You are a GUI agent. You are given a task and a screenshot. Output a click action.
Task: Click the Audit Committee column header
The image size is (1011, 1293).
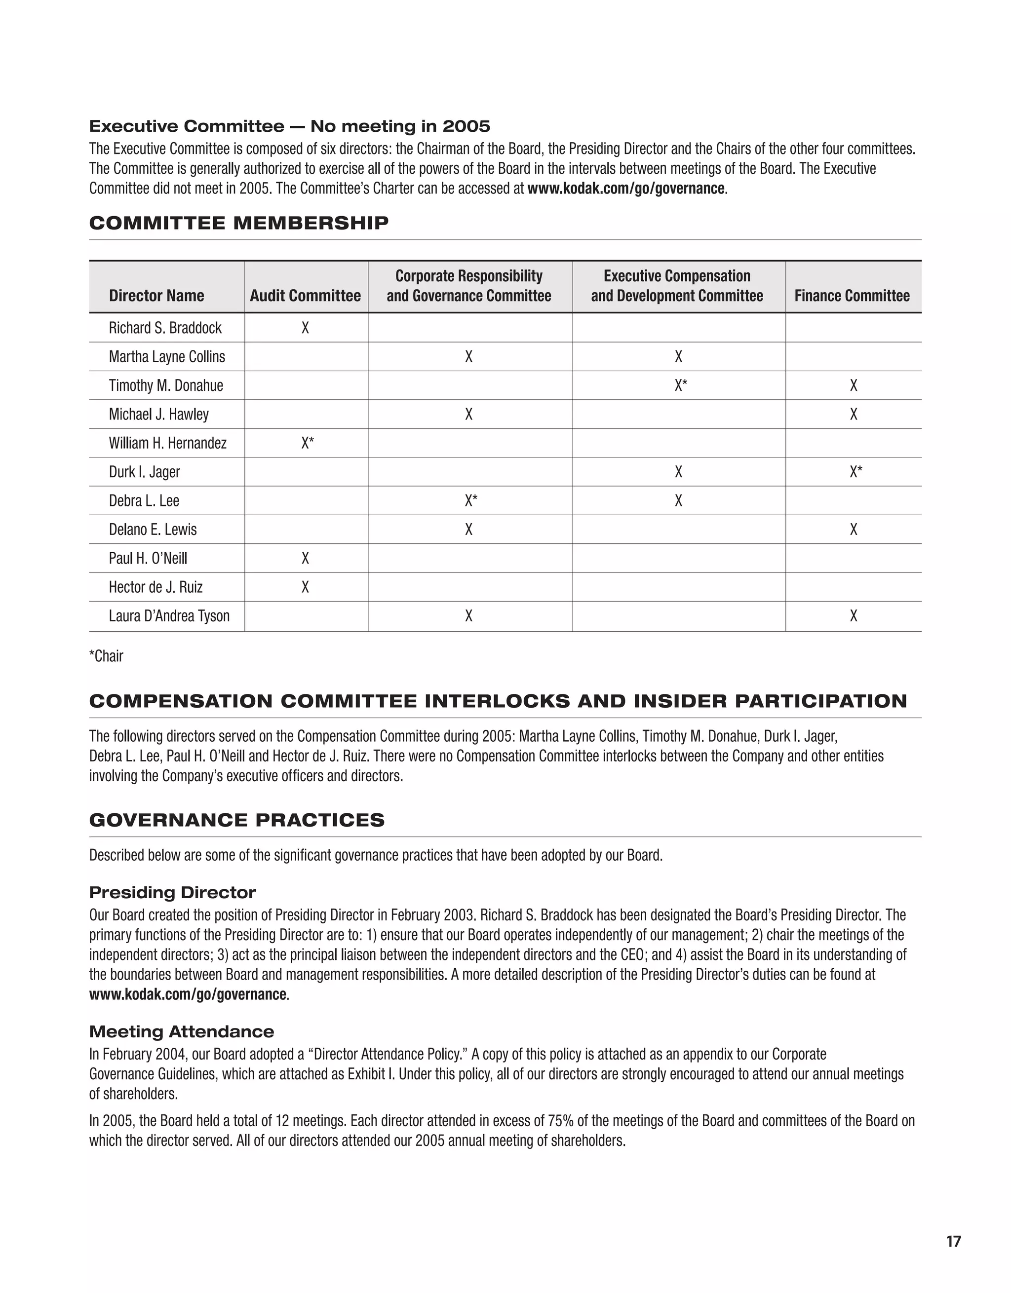coord(305,296)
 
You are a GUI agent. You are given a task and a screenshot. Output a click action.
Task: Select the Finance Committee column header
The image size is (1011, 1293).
coord(852,296)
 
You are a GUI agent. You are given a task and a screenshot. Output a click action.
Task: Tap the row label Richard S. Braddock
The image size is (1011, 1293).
coord(165,328)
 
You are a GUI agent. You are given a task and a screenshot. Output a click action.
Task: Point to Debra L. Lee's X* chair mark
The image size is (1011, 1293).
coord(471,501)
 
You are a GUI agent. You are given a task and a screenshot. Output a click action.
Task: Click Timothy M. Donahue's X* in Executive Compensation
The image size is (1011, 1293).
coord(681,385)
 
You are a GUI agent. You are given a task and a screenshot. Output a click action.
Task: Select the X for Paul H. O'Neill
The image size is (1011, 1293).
coord(305,558)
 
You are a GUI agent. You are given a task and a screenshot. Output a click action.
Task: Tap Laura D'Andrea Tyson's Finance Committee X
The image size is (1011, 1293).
coord(854,616)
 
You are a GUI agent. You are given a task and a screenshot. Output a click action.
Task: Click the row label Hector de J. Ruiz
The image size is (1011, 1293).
coord(156,587)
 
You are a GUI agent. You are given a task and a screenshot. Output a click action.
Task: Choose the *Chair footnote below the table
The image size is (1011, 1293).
coord(107,656)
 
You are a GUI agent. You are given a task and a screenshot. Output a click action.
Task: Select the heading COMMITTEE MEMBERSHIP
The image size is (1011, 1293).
coord(239,223)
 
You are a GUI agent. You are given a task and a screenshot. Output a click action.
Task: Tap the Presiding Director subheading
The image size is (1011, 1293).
coord(172,892)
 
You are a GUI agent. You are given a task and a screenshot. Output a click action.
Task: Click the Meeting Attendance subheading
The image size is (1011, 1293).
coord(181,1031)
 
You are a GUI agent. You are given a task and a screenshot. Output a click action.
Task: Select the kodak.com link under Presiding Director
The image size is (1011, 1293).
coord(188,994)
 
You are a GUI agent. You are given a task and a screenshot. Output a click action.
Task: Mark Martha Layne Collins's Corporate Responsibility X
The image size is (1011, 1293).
coord(468,356)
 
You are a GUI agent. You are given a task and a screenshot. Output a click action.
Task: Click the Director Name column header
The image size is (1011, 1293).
coord(156,296)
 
